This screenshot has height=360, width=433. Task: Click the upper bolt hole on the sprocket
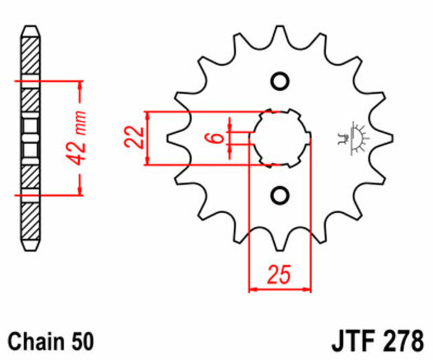tap(278, 81)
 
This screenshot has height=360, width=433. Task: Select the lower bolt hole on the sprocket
tap(278, 195)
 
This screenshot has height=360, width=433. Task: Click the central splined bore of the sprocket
tap(278, 138)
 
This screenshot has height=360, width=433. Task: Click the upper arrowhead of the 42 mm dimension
tap(80, 86)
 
